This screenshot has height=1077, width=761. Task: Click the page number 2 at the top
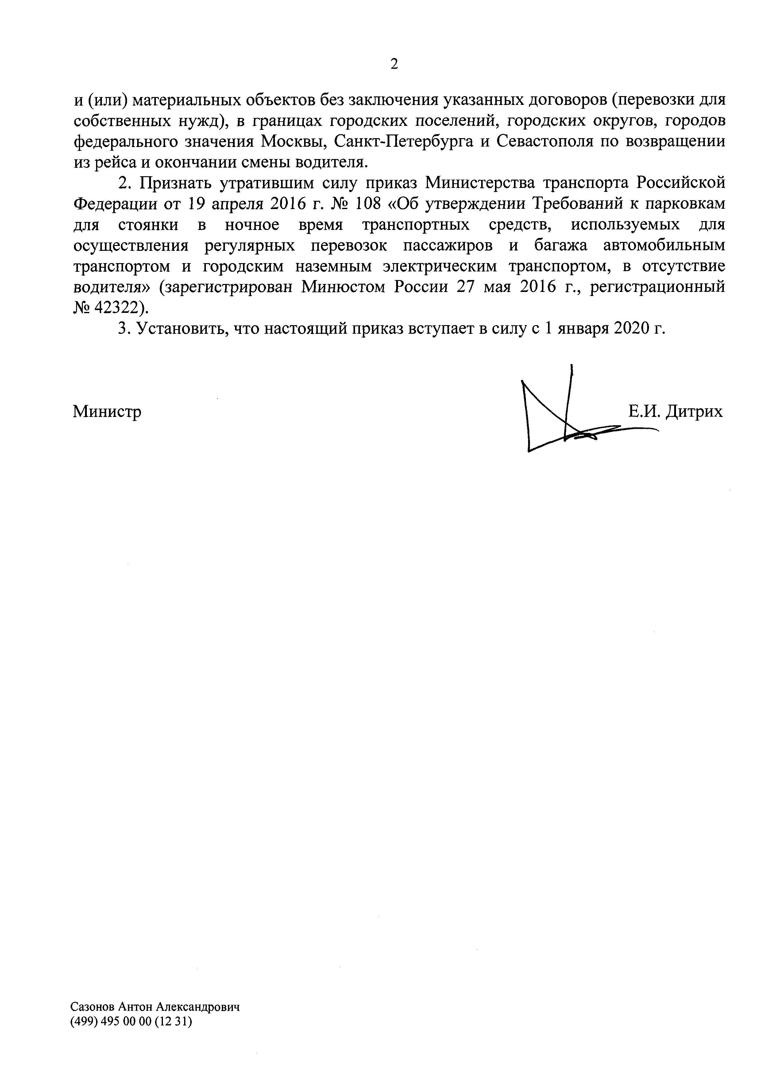(394, 64)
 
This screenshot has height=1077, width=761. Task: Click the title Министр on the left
(107, 412)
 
